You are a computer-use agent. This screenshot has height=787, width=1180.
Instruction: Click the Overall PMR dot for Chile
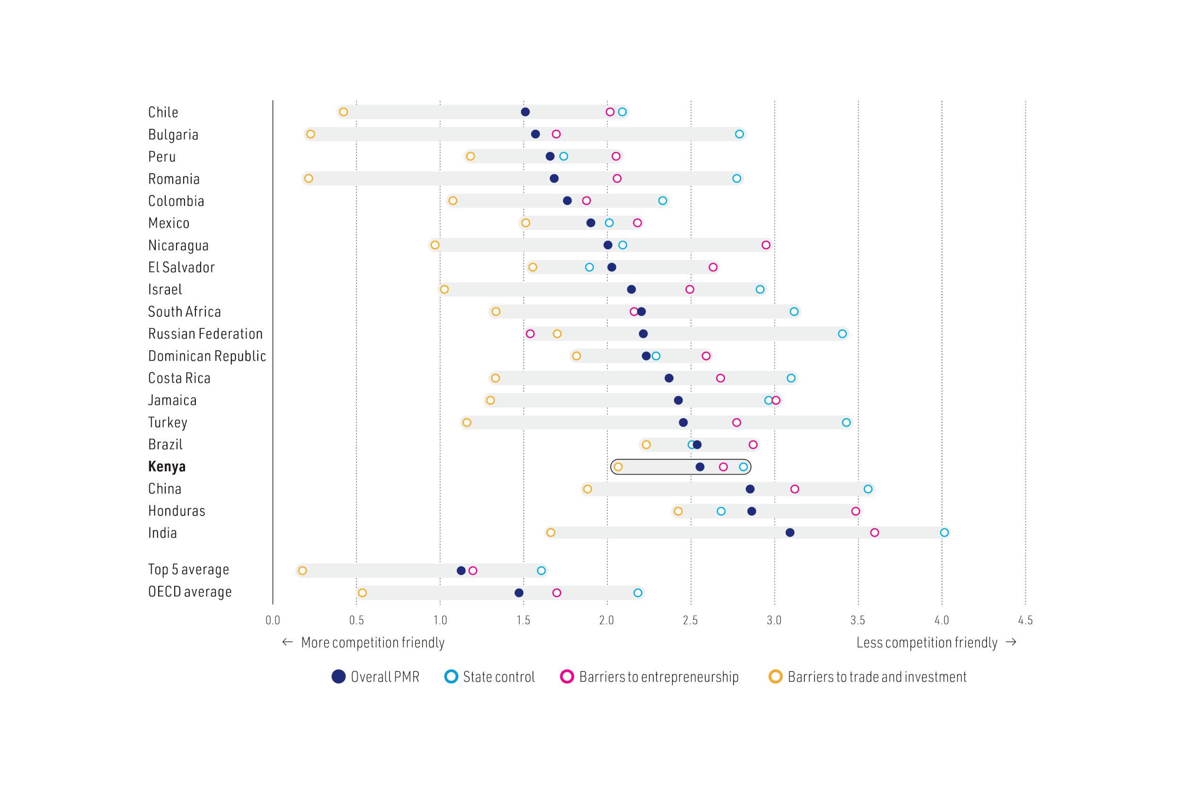click(x=525, y=112)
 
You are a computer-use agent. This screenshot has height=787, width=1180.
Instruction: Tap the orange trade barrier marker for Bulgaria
click(x=311, y=134)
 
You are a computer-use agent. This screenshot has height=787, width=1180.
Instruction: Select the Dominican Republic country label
click(x=207, y=356)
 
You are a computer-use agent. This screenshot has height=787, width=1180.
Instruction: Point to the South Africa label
click(x=184, y=312)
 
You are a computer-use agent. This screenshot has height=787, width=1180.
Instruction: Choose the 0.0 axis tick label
click(x=273, y=620)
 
